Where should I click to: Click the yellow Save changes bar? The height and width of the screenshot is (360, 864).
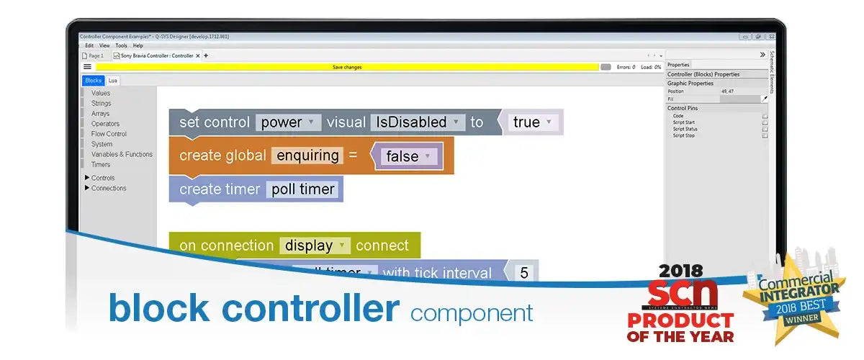point(347,67)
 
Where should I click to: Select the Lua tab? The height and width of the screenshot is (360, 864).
point(113,81)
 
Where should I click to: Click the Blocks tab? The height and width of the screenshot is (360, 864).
point(93,81)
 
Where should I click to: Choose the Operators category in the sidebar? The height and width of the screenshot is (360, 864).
point(105,124)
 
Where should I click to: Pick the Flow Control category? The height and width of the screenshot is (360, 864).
point(109,134)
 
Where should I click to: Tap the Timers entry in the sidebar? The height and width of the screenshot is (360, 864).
point(101,164)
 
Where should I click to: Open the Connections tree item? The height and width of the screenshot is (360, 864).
point(108,188)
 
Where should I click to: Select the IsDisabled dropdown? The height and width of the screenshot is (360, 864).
point(416,122)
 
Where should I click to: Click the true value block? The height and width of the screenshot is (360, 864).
point(533,122)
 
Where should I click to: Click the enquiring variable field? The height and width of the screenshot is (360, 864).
point(307,156)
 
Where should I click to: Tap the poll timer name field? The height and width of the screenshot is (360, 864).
point(302,189)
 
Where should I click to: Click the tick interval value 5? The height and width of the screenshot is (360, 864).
point(524,273)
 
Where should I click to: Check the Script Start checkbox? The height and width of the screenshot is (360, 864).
point(765,122)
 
